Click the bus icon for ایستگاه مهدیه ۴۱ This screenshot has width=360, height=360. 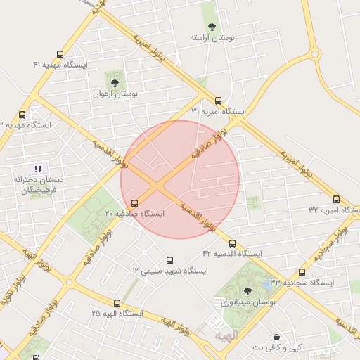(60, 53)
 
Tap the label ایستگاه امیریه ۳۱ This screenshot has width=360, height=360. (219, 112)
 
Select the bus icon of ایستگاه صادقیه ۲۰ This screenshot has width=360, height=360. (134, 203)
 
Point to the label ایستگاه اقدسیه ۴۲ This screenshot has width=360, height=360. (232, 253)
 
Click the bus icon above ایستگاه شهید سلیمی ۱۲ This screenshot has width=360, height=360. (168, 260)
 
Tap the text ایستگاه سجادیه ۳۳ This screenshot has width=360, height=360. (301, 282)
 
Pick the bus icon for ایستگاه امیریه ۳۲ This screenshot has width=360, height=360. (337, 200)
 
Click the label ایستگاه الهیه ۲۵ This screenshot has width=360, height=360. (116, 312)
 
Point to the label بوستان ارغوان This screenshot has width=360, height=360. (115, 93)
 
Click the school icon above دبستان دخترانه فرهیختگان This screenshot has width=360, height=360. (38, 169)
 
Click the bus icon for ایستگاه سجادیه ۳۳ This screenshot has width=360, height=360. (302, 272)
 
